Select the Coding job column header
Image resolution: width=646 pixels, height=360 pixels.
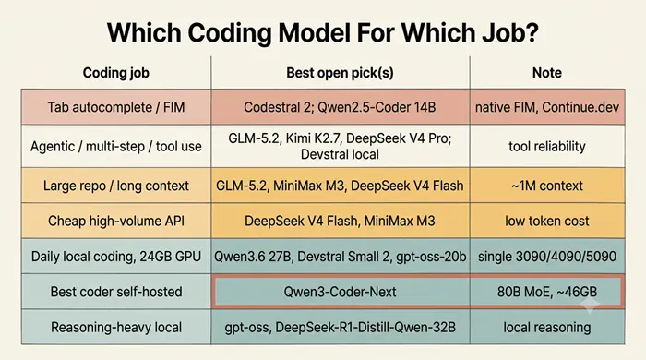(115, 73)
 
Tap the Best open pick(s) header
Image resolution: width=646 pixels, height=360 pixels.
(340, 73)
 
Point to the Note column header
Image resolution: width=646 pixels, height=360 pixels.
(546, 73)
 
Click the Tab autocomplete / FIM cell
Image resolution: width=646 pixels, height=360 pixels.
(116, 107)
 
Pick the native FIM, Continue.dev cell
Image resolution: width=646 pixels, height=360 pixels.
(547, 107)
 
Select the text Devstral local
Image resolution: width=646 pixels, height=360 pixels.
(340, 154)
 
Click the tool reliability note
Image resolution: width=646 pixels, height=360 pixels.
(547, 146)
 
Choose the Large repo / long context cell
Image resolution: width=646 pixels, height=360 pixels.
(116, 186)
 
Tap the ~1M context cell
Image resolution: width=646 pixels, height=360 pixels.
(547, 186)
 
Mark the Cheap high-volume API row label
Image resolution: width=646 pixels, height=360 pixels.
(116, 221)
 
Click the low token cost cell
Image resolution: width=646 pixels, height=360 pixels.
(547, 221)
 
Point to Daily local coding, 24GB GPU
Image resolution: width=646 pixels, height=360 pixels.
(116, 257)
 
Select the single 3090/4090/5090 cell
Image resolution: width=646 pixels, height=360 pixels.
(547, 257)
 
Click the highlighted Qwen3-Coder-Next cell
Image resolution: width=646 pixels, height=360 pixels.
(341, 292)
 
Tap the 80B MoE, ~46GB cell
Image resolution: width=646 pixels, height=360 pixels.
(547, 292)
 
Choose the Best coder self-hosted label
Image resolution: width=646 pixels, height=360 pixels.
(116, 292)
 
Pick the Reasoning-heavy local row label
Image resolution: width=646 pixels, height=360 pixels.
(116, 328)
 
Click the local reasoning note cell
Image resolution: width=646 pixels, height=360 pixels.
(547, 328)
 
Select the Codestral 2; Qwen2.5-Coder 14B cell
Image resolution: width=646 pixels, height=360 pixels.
(340, 107)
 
